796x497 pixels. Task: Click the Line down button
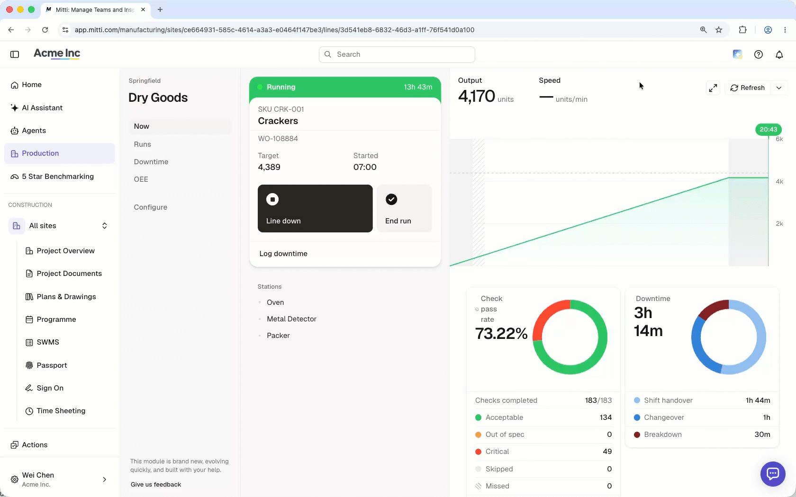(x=315, y=208)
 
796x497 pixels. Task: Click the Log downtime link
(x=283, y=254)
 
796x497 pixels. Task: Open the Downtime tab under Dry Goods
(x=151, y=161)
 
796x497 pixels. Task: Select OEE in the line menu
(x=141, y=179)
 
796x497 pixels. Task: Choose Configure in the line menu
(x=150, y=207)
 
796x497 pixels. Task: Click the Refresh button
(x=747, y=88)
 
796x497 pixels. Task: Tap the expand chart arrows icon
(x=713, y=88)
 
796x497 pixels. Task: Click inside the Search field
(x=397, y=54)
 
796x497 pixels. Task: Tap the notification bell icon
(x=779, y=55)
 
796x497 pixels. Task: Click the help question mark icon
(x=758, y=55)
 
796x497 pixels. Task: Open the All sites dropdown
(x=59, y=226)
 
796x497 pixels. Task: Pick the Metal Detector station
(x=291, y=319)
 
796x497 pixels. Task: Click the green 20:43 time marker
(x=769, y=130)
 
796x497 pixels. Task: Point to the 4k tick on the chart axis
(x=779, y=181)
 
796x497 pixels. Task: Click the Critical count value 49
(x=607, y=452)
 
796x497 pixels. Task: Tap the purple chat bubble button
(x=773, y=474)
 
